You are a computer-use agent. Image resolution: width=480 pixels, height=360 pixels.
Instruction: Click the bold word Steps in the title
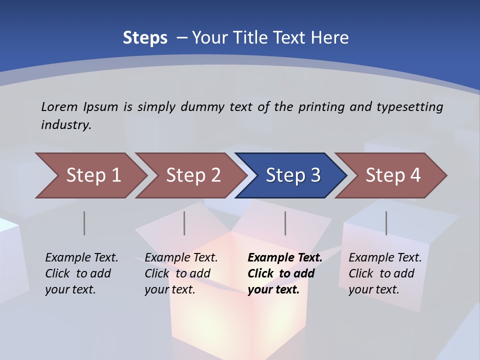[145, 38]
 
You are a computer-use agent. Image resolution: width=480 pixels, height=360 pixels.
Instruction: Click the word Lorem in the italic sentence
[59, 106]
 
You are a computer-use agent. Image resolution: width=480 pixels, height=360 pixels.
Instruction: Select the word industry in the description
[66, 125]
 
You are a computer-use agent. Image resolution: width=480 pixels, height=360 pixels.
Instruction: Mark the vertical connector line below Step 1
[84, 223]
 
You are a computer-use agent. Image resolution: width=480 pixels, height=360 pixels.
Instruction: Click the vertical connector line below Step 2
[184, 223]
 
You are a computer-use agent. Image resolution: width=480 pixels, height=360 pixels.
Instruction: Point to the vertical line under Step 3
[285, 223]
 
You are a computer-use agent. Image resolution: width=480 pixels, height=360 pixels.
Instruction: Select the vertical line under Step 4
[386, 223]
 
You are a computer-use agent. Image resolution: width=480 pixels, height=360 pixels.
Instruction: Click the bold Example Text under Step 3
[285, 258]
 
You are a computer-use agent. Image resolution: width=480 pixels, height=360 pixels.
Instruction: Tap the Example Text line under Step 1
[81, 258]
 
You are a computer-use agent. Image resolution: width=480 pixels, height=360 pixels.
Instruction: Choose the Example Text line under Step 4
[385, 258]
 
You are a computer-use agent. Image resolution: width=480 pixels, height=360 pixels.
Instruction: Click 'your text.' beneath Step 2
[170, 289]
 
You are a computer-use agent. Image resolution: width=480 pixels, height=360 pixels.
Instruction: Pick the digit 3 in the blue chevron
[315, 175]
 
